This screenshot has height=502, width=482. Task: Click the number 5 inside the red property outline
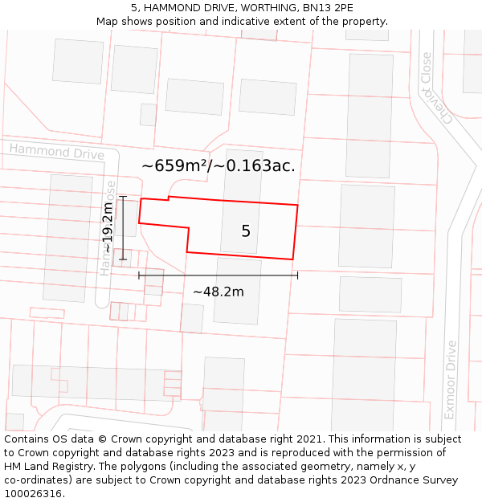(x=246, y=231)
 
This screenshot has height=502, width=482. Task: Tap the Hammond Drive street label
(x=56, y=151)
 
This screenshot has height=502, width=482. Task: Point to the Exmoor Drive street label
(x=450, y=380)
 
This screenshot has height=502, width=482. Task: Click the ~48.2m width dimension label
(x=218, y=292)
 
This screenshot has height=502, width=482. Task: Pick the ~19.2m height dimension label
(x=108, y=228)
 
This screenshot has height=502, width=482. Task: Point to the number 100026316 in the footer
(x=33, y=494)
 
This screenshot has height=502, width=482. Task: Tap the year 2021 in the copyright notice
(x=308, y=439)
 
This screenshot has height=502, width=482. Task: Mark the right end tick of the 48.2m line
(x=298, y=275)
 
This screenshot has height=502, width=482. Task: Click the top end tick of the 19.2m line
(x=123, y=196)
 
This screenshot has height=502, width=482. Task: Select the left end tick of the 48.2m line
(x=139, y=275)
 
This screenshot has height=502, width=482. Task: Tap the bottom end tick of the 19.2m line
(x=123, y=259)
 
